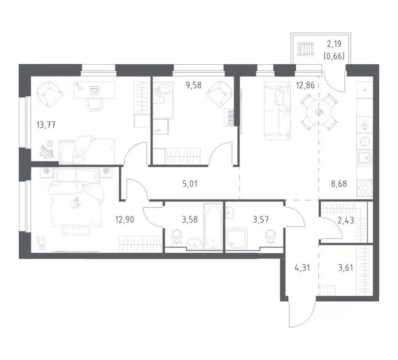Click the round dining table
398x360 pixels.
(x=319, y=112)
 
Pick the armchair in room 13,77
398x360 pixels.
(x=49, y=94)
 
